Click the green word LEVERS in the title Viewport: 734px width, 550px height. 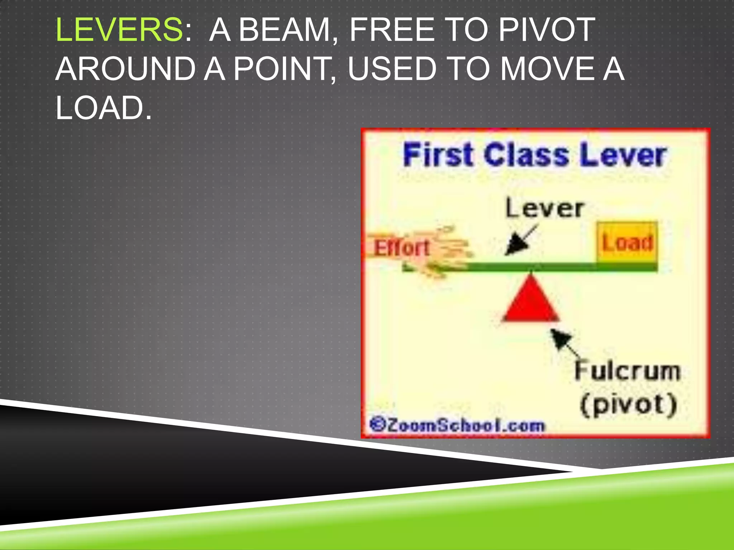[119, 30]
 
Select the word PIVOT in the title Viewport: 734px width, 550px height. [547, 30]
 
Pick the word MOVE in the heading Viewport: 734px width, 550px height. [547, 69]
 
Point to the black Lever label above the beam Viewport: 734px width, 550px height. [544, 208]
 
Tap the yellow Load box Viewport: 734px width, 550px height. [627, 242]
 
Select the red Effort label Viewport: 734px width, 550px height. [401, 248]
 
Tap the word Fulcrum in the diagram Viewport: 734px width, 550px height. [627, 371]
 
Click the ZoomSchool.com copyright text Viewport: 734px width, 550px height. [457, 425]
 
